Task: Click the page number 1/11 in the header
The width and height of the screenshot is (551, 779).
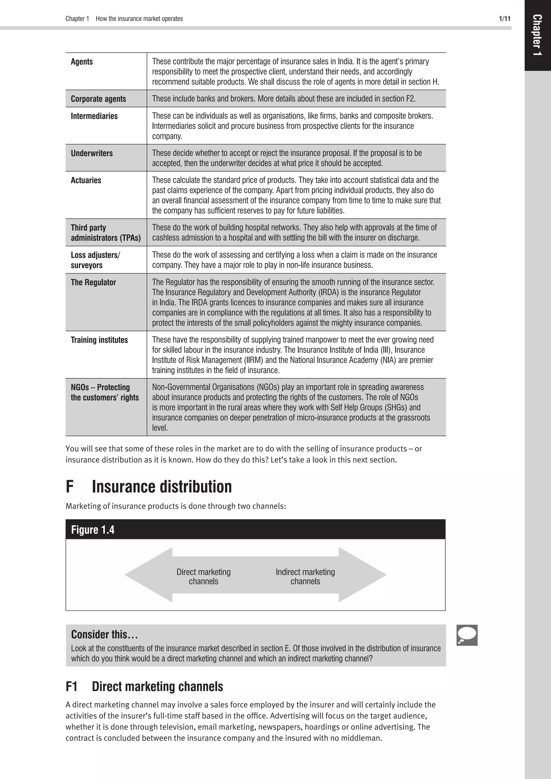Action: (504, 19)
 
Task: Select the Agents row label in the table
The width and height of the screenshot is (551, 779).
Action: (82, 62)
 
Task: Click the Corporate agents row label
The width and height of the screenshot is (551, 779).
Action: (98, 99)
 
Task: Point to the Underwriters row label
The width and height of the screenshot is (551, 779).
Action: (91, 153)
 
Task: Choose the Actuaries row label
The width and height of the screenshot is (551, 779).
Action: (86, 180)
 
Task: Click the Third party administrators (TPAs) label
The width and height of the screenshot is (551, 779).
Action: (105, 232)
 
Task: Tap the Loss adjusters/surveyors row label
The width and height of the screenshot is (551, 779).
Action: (95, 260)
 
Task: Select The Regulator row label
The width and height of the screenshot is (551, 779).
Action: (93, 282)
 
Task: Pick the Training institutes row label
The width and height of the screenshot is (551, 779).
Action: (99, 340)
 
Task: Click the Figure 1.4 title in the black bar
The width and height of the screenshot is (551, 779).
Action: (93, 530)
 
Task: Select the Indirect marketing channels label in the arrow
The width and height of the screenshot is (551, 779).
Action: (305, 576)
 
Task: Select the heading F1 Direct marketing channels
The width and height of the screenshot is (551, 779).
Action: (144, 686)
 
